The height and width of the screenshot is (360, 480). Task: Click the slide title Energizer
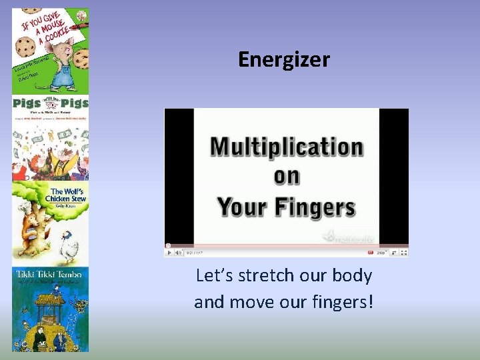283,60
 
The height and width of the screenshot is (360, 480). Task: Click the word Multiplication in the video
287,147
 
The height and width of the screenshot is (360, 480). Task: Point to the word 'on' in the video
287,177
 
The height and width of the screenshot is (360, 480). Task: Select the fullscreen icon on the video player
403,253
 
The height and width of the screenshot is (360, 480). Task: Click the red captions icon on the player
370,253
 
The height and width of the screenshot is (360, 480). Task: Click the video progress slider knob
168,245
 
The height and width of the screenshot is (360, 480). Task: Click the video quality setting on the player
382,253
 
